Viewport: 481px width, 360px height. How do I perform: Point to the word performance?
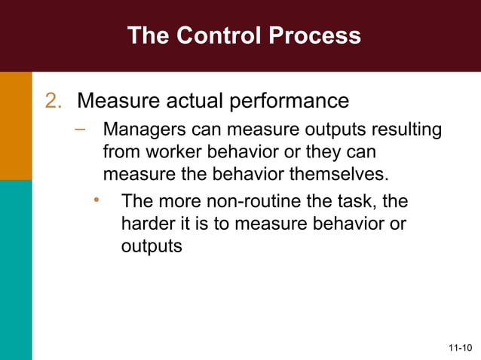(295, 101)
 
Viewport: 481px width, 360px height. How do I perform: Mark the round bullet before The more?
(97, 200)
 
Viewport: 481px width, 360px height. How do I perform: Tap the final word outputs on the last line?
(152, 246)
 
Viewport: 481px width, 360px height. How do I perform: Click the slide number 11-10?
(459, 348)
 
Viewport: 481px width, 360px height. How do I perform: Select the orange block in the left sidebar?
(16, 126)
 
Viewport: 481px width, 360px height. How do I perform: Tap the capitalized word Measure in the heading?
(117, 101)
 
